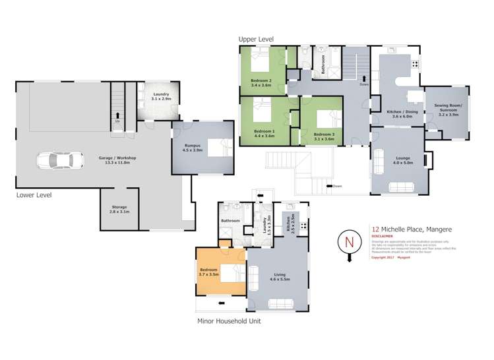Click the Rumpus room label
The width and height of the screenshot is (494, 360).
tap(193, 147)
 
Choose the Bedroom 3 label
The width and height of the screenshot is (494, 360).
tap(324, 136)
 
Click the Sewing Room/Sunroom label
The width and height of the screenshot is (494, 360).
tap(452, 109)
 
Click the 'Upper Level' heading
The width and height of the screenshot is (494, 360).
tap(256, 40)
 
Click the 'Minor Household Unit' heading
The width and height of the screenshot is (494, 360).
tap(230, 322)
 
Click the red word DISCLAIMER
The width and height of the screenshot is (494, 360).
tap(382, 235)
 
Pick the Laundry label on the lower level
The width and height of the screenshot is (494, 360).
tap(161, 96)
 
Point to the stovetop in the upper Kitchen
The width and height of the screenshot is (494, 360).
tap(415, 64)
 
